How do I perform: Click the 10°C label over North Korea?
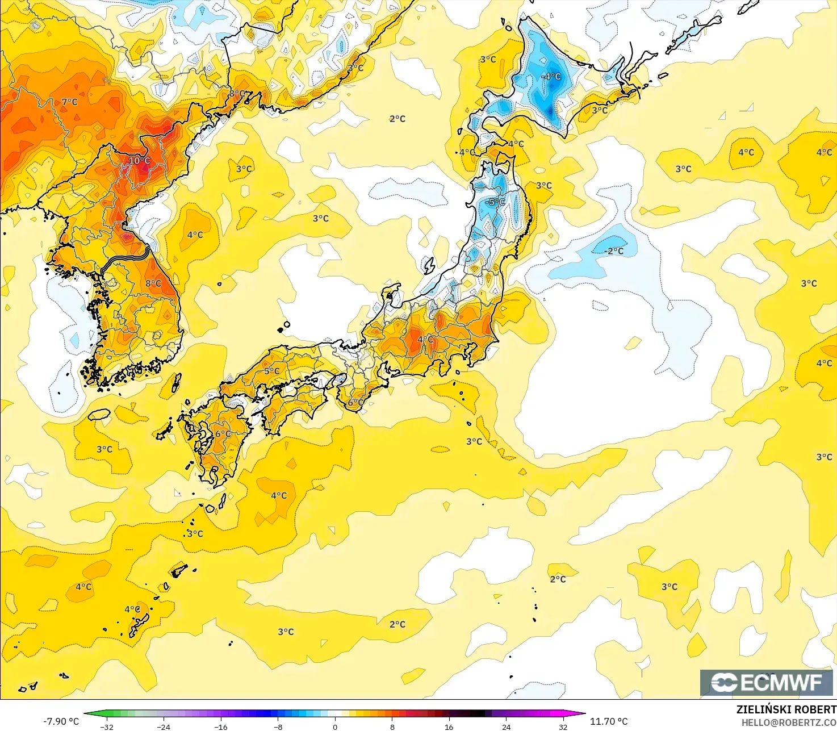[x=139, y=161]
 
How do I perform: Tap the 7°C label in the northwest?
[x=70, y=102]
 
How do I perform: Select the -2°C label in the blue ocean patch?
[x=613, y=251]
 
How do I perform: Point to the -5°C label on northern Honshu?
[x=496, y=202]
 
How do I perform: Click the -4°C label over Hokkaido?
[x=551, y=77]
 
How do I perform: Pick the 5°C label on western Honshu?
[x=272, y=371]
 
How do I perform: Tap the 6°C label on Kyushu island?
[x=223, y=434]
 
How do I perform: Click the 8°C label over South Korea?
[x=153, y=283]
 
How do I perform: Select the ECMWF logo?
[x=767, y=682]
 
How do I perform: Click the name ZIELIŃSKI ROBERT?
[x=786, y=709]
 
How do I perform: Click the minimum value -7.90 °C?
[x=61, y=721]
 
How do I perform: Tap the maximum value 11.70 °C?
[x=609, y=721]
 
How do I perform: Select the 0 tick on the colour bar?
[x=335, y=726]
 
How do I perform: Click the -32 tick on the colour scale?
[x=107, y=726]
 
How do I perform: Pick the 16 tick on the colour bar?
[x=449, y=726]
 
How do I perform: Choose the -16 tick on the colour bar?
[x=221, y=726]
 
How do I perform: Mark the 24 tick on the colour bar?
[x=506, y=726]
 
